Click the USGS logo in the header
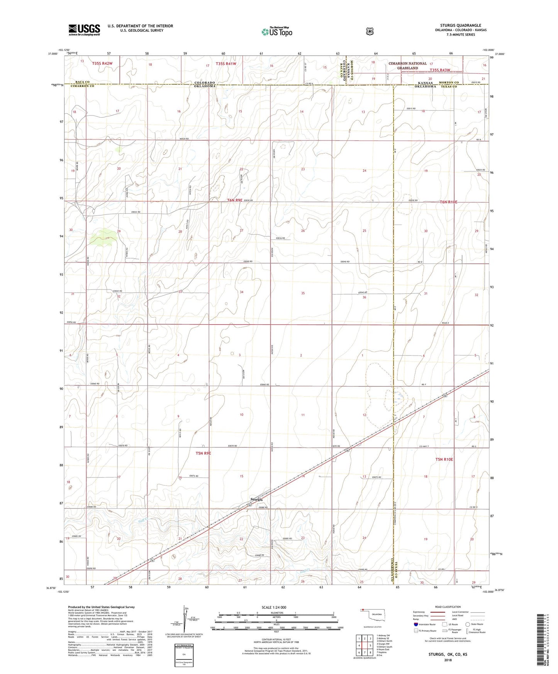(x=84, y=30)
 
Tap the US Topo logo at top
(x=276, y=31)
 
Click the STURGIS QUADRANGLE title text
(x=460, y=25)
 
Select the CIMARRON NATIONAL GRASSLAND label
(x=407, y=66)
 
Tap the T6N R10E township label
(x=448, y=202)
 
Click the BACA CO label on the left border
(x=82, y=82)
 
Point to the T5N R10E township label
(x=444, y=459)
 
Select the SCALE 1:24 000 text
(x=274, y=607)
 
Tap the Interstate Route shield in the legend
(x=416, y=624)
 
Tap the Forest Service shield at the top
(x=370, y=31)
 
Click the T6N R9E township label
(x=235, y=200)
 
